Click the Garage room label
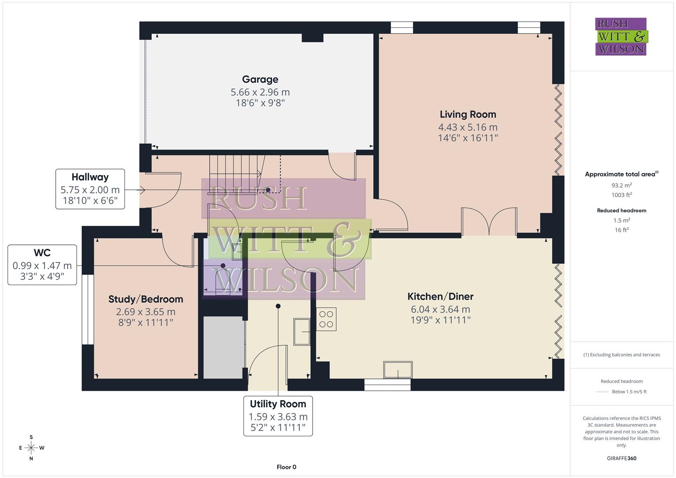point(260,80)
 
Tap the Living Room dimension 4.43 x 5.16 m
point(467,127)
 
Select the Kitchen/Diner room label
point(440,297)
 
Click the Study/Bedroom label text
point(146,300)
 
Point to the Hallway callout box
point(90,189)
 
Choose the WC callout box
point(42,265)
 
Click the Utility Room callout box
point(278,416)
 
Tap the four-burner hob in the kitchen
point(326,320)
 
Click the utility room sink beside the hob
point(302,331)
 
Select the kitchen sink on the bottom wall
point(398,370)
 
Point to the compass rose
point(31,448)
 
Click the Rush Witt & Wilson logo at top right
point(621,37)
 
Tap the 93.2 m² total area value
point(622,185)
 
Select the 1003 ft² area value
point(622,195)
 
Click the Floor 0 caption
point(286,467)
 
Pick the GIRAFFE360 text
point(622,458)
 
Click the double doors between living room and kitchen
point(489,221)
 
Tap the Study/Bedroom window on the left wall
point(88,309)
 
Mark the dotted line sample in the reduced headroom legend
point(603,392)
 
